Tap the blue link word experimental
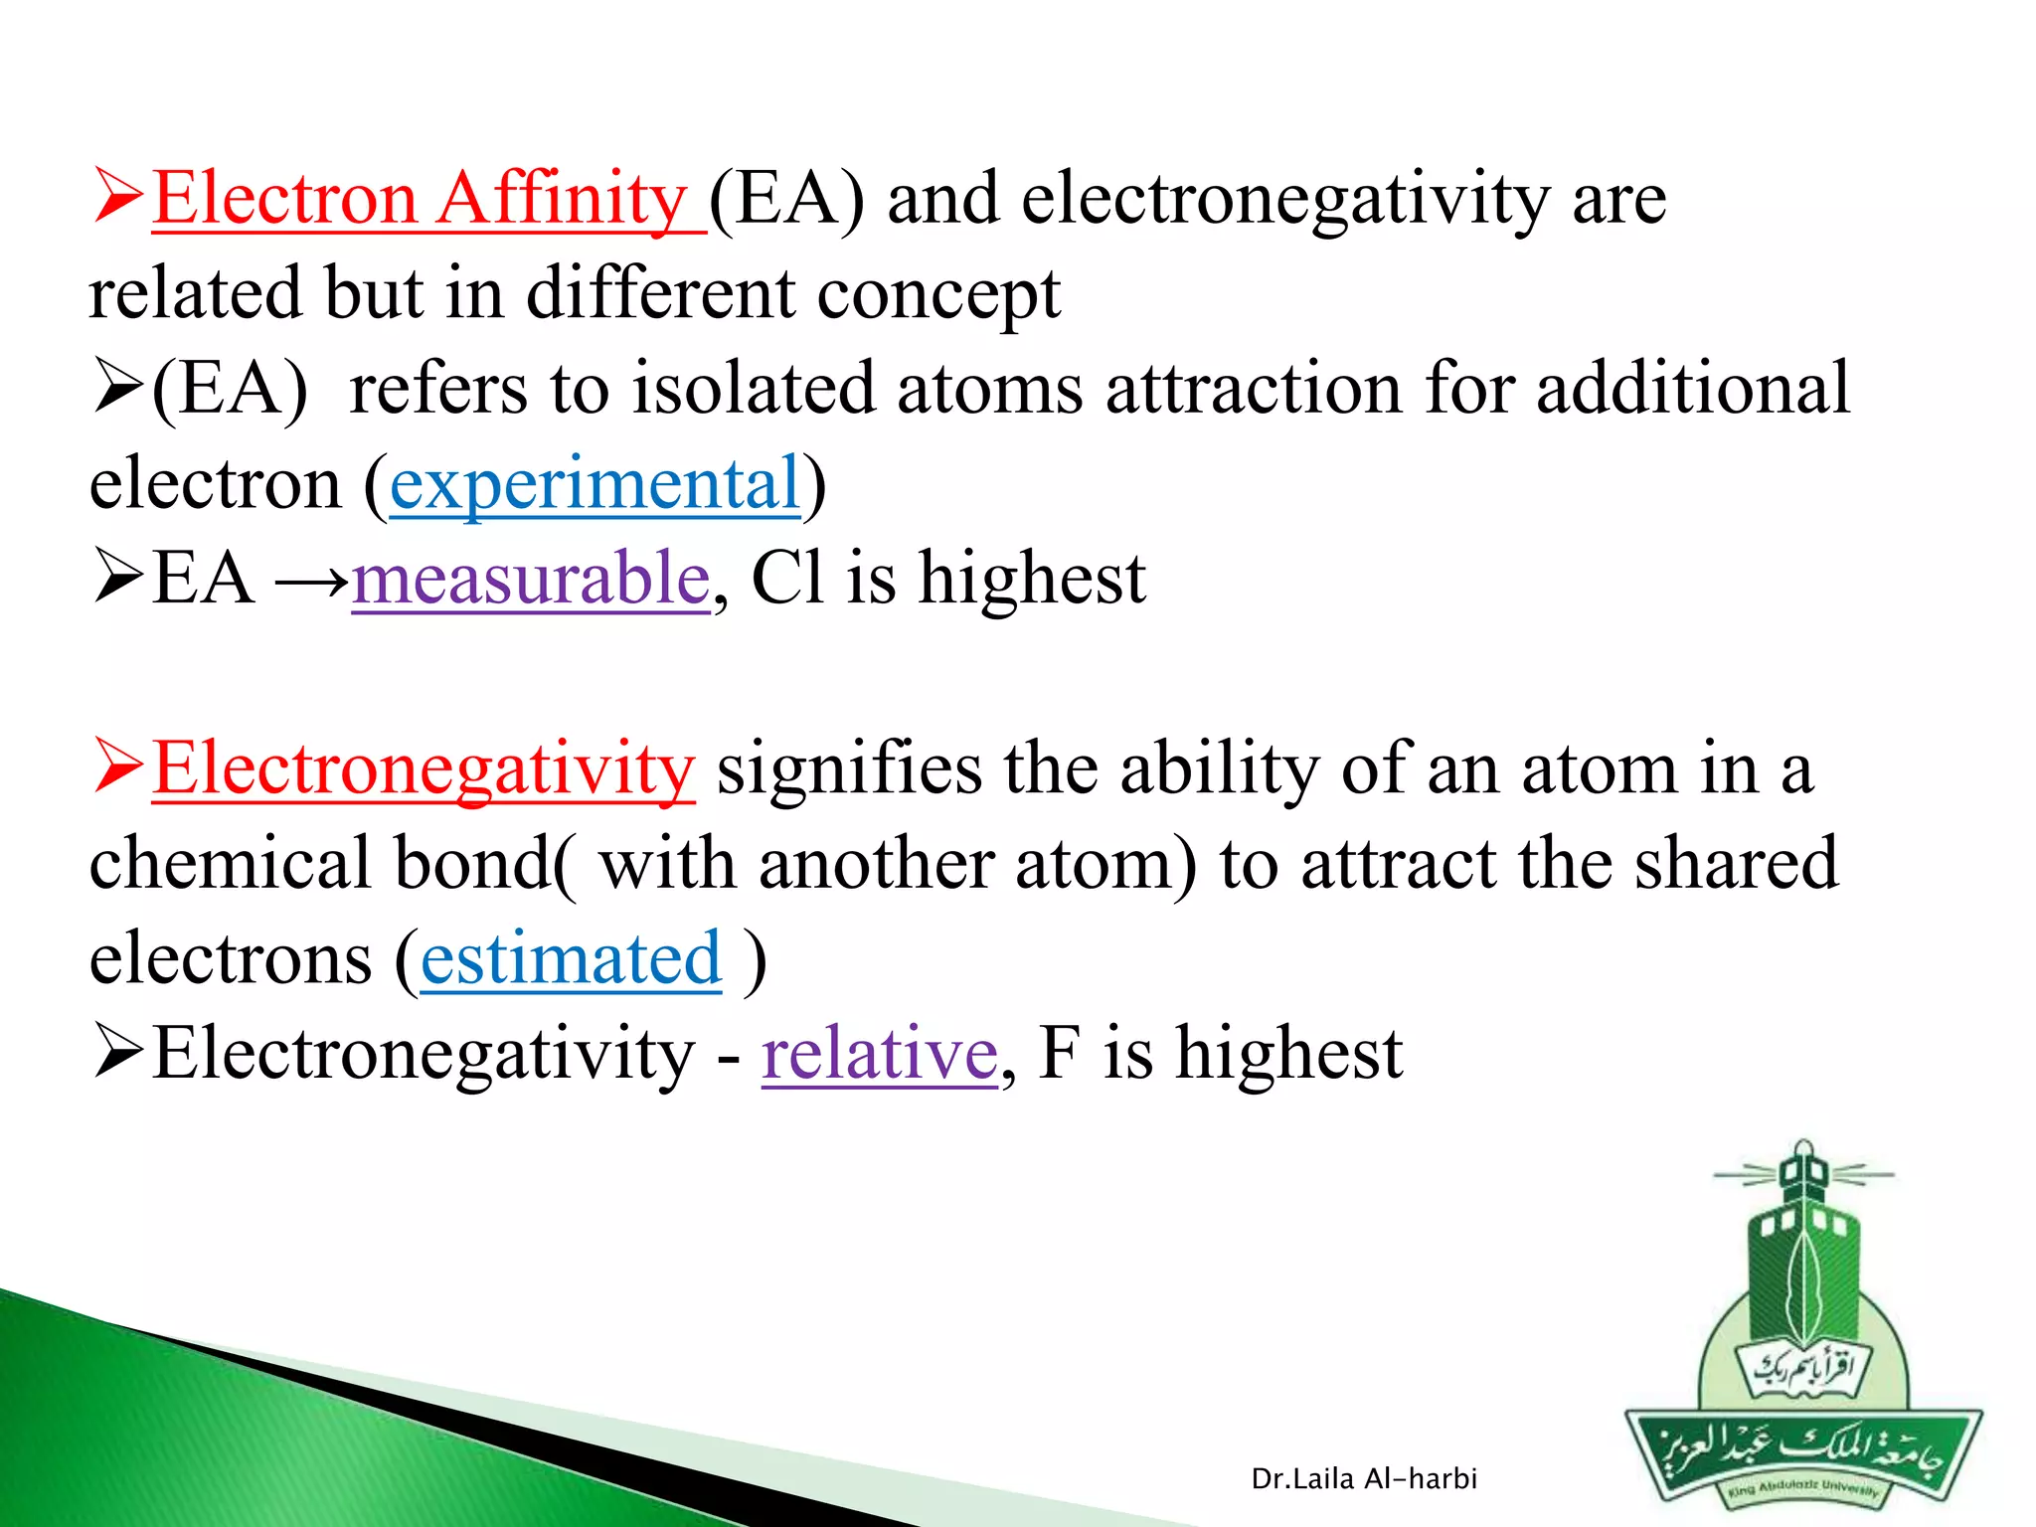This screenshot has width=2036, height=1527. click(594, 485)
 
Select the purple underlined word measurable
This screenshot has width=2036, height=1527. click(530, 580)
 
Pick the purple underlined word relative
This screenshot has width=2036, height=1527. click(879, 1055)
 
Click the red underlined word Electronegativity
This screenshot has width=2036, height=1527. click(424, 769)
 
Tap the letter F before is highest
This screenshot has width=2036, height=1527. click(1058, 1054)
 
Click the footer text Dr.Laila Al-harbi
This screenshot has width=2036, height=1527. click(1363, 1479)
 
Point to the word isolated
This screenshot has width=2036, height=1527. click(754, 389)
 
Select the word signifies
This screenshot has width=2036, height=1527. click(848, 769)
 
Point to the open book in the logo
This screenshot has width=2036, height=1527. click(1801, 1370)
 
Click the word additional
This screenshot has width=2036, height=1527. click(1692, 389)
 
